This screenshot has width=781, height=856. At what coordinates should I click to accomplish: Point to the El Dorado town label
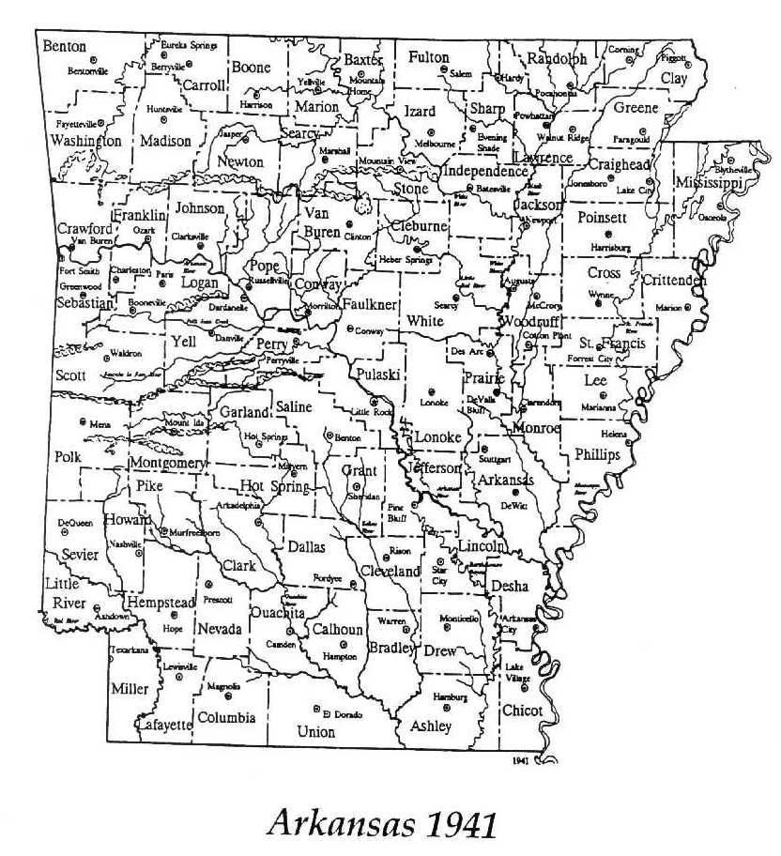(342, 711)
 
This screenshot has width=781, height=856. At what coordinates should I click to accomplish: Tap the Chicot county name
(522, 711)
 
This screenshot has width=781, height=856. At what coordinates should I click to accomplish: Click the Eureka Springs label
(186, 45)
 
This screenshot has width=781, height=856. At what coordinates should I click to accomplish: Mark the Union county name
(314, 731)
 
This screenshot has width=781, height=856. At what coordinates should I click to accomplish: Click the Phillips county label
(598, 454)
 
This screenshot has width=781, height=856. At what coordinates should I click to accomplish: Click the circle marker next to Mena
(83, 420)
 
